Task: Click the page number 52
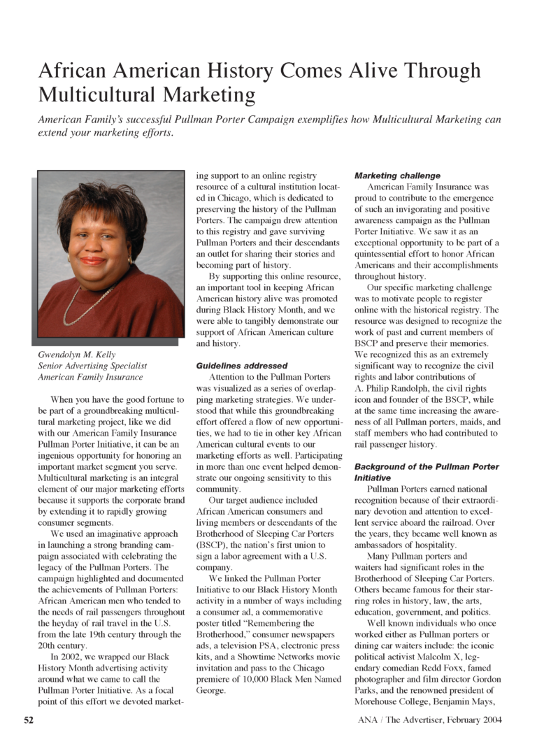point(29,720)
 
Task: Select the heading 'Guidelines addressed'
point(241,365)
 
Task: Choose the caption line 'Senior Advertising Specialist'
point(92,366)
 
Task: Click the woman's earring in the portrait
point(129,261)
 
